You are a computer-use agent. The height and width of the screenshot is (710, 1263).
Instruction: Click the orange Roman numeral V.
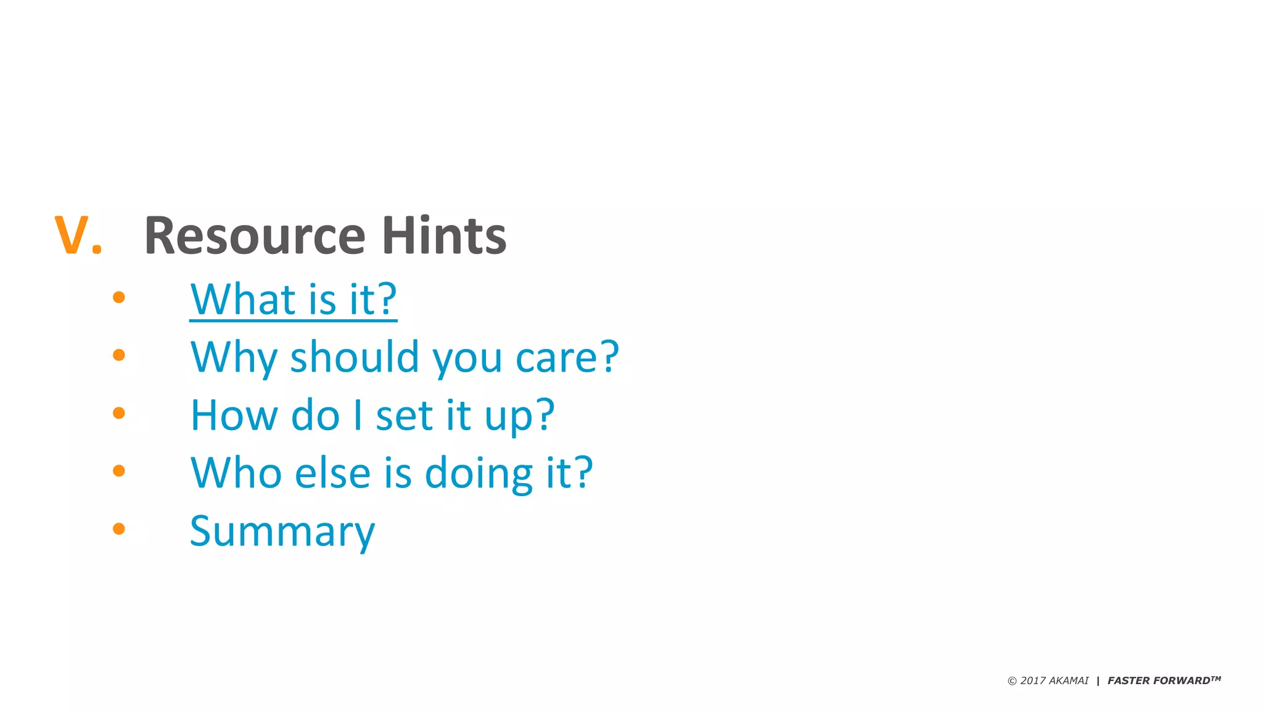tap(72, 235)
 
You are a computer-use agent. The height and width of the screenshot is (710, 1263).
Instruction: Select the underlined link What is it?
tap(293, 300)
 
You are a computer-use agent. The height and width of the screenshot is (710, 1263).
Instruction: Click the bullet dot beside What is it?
tap(119, 298)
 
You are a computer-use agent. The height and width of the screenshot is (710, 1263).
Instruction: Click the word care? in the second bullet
tap(567, 357)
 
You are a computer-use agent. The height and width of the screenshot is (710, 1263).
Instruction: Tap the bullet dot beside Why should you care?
tap(119, 355)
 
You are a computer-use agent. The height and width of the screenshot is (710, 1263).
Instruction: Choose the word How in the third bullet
tap(234, 415)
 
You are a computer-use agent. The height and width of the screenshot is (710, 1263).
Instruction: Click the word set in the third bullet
tap(404, 415)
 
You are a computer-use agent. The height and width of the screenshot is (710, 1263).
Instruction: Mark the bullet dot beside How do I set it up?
tap(119, 413)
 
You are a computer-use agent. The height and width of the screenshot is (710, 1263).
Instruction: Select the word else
tap(333, 473)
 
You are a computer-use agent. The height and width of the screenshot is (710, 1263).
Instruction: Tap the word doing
tap(479, 474)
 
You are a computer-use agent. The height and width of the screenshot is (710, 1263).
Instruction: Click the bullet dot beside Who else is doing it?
tap(119, 471)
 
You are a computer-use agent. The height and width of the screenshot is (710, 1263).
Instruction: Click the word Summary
tap(282, 532)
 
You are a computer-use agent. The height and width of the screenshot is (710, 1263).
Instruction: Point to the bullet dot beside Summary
tap(119, 529)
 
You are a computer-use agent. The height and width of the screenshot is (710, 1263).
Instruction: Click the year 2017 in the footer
tap(1033, 681)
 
